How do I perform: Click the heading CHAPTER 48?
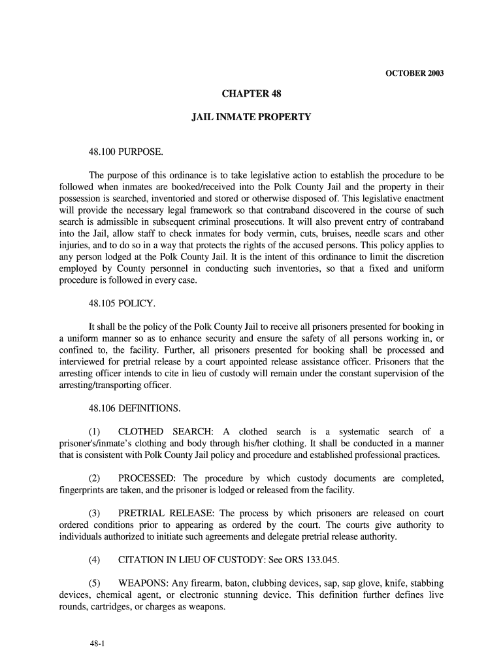[x=251, y=95]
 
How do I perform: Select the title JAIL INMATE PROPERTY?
[x=251, y=118]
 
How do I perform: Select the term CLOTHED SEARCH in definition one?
[x=165, y=432]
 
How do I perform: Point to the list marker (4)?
[x=95, y=561]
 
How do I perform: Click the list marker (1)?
[x=95, y=432]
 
